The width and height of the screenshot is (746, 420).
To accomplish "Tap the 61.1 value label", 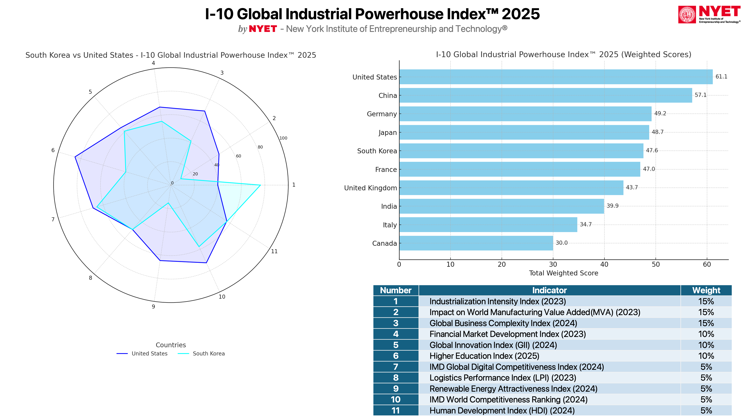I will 721,77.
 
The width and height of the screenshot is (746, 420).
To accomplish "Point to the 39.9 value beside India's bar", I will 612,206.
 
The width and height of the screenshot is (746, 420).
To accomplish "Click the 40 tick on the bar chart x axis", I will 604,264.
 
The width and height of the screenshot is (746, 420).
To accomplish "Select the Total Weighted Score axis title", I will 563,273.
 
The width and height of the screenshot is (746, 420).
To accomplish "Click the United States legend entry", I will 142,354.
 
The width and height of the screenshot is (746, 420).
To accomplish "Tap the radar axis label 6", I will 53,150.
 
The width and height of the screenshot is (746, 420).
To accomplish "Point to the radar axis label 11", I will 274,251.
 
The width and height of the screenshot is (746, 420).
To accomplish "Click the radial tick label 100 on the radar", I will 283,138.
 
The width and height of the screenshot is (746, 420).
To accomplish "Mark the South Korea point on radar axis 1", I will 260,185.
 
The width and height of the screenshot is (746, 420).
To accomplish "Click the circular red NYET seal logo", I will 687,15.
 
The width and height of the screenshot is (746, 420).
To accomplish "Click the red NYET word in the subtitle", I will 263,29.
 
